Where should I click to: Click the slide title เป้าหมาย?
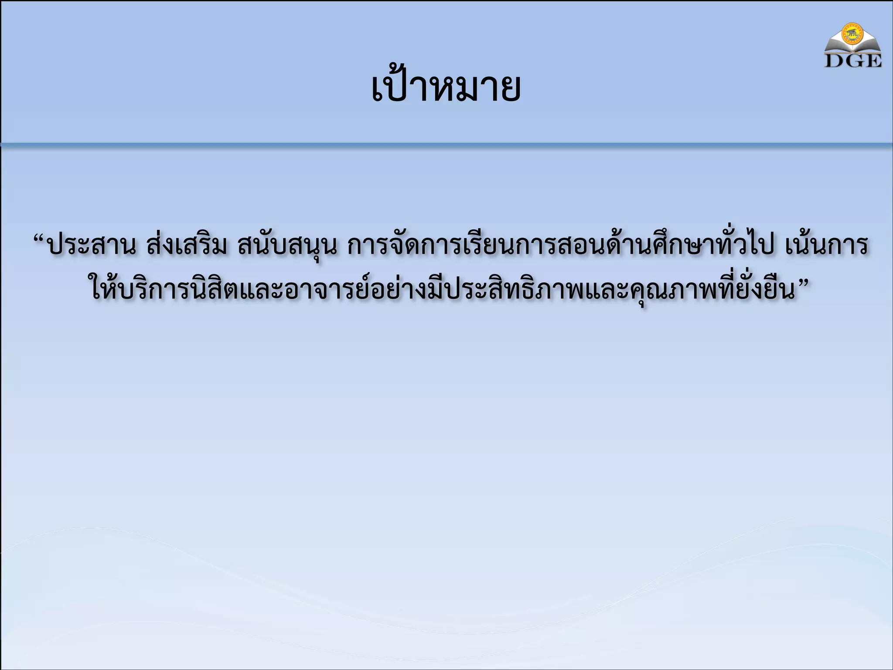[446, 89]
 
